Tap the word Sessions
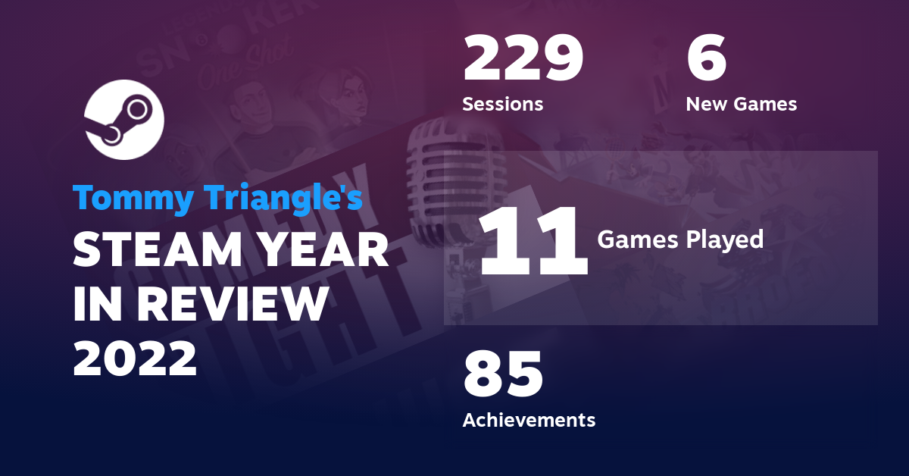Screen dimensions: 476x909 click(x=503, y=104)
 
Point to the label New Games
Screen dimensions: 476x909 click(x=741, y=104)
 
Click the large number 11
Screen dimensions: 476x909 click(x=533, y=242)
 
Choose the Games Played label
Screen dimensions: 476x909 click(x=679, y=240)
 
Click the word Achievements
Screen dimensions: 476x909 click(x=529, y=419)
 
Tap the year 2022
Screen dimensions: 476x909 click(x=135, y=358)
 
